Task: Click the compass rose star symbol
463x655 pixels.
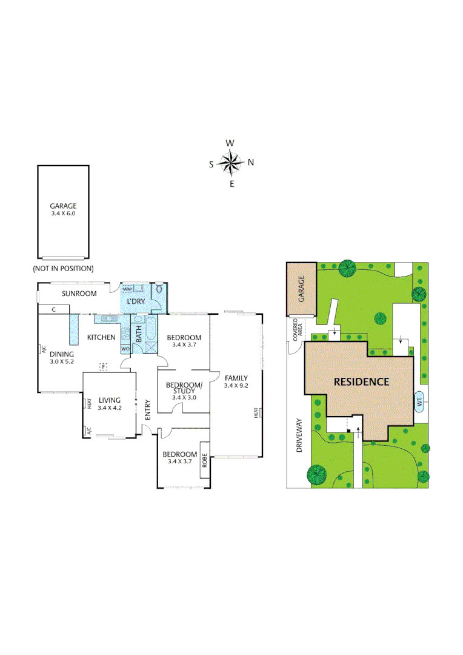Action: (x=231, y=162)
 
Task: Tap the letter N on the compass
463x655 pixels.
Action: (x=251, y=162)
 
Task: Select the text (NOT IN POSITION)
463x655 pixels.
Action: (x=63, y=268)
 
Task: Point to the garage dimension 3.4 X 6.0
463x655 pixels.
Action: (x=63, y=213)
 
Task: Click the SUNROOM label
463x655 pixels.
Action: (x=79, y=294)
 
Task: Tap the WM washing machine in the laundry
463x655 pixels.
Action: (x=128, y=289)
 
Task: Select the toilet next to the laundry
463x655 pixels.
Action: (x=159, y=290)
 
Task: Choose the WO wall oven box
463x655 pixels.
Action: (x=125, y=349)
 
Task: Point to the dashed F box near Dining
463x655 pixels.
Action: (x=104, y=366)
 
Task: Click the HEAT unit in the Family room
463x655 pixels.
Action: (x=256, y=413)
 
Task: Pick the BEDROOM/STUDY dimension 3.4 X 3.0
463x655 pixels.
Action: (x=183, y=397)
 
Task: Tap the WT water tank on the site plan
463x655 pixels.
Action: (x=419, y=401)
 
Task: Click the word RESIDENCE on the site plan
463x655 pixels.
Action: (x=361, y=382)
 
